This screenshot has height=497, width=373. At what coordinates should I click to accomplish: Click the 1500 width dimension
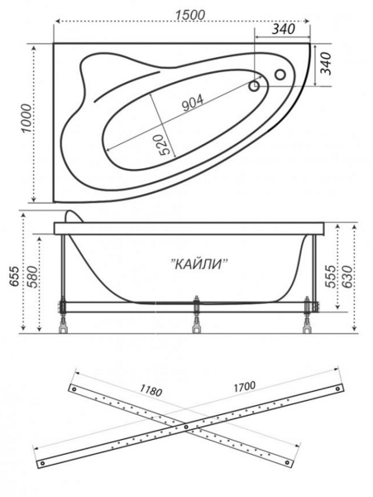(x=190, y=15)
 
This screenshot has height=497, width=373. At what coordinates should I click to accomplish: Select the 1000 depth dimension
(x=26, y=118)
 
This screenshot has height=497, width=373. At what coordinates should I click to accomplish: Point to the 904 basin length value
(x=193, y=103)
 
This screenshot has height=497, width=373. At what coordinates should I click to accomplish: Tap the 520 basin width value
(x=165, y=144)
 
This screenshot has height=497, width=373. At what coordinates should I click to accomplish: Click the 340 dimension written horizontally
(x=283, y=29)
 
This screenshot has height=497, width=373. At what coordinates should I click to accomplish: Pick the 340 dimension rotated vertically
(x=326, y=64)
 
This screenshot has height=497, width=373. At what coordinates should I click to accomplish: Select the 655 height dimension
(x=15, y=277)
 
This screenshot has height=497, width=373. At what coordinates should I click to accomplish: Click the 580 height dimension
(x=33, y=277)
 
